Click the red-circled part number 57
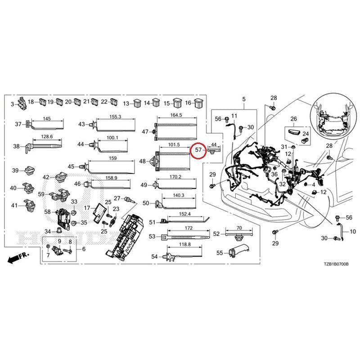[198, 150]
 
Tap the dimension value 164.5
[176, 115]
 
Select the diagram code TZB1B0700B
[336, 264]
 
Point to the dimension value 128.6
[47, 137]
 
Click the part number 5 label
[244, 99]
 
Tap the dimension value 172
[189, 228]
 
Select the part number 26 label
[294, 119]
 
